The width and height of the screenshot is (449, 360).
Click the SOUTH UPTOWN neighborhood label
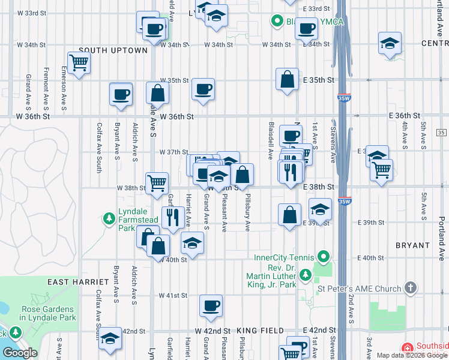click(x=113, y=50)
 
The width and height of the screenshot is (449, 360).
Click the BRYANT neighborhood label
click(x=412, y=245)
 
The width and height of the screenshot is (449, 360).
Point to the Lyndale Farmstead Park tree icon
click(x=109, y=218)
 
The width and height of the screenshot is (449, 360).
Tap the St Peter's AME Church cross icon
click(x=411, y=289)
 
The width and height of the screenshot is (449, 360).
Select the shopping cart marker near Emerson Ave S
click(x=79, y=62)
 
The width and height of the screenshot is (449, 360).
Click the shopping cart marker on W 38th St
click(x=157, y=182)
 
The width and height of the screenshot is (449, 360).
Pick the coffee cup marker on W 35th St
click(x=203, y=90)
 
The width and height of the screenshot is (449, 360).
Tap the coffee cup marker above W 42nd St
click(x=211, y=305)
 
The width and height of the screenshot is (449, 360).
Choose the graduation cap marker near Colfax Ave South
click(x=110, y=339)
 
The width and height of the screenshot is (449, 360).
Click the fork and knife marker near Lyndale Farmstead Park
click(x=173, y=217)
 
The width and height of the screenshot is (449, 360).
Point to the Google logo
click(x=20, y=353)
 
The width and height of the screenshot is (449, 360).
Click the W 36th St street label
click(x=177, y=116)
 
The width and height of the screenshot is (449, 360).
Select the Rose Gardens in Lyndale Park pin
click(x=14, y=332)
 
